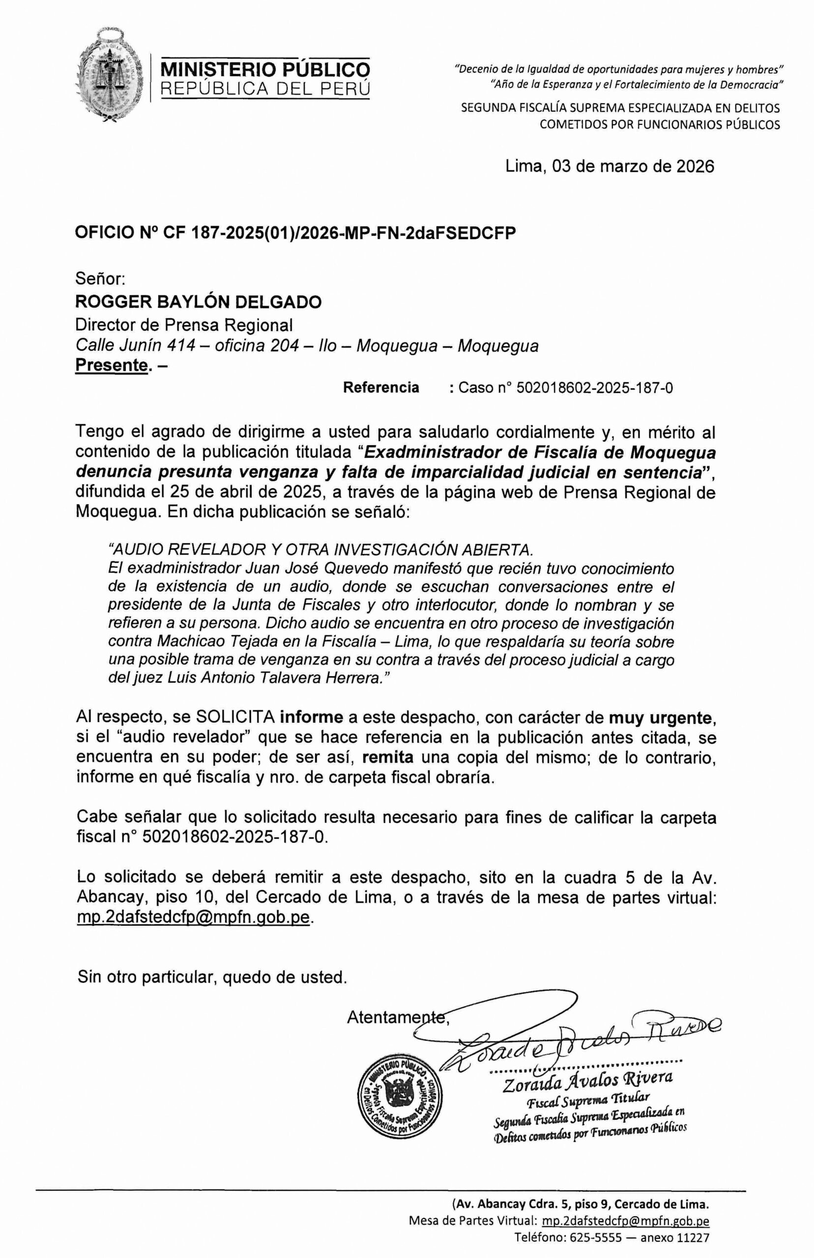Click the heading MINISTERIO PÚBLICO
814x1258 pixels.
tap(265, 69)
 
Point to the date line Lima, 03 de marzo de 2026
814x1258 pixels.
tap(610, 167)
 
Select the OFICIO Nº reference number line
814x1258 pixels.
tap(295, 233)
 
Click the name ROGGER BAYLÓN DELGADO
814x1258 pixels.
tap(199, 302)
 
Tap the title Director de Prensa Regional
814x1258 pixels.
tap(184, 324)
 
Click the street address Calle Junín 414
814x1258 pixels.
tap(135, 345)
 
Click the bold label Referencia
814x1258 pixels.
tap(380, 388)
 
